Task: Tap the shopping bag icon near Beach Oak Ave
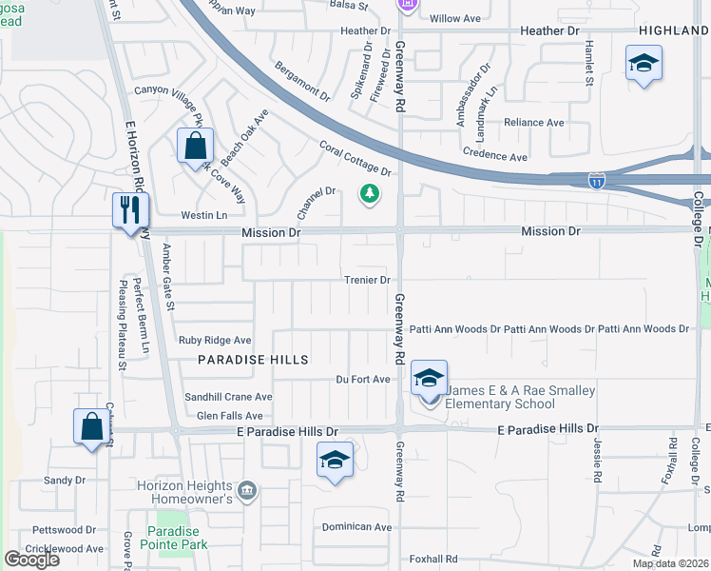point(194,147)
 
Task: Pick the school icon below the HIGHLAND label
point(644,64)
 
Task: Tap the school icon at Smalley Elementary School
point(430,378)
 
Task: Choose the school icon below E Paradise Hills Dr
point(335,460)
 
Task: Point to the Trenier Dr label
point(367,280)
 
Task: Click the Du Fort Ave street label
point(363,379)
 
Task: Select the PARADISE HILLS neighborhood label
point(253,360)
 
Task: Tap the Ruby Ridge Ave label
point(215,340)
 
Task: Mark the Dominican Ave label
point(356,526)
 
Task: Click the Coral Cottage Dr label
point(355,159)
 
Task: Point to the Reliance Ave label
point(533,123)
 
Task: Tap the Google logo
point(31,560)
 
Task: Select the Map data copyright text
point(671,563)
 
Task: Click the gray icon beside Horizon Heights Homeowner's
point(247,491)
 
